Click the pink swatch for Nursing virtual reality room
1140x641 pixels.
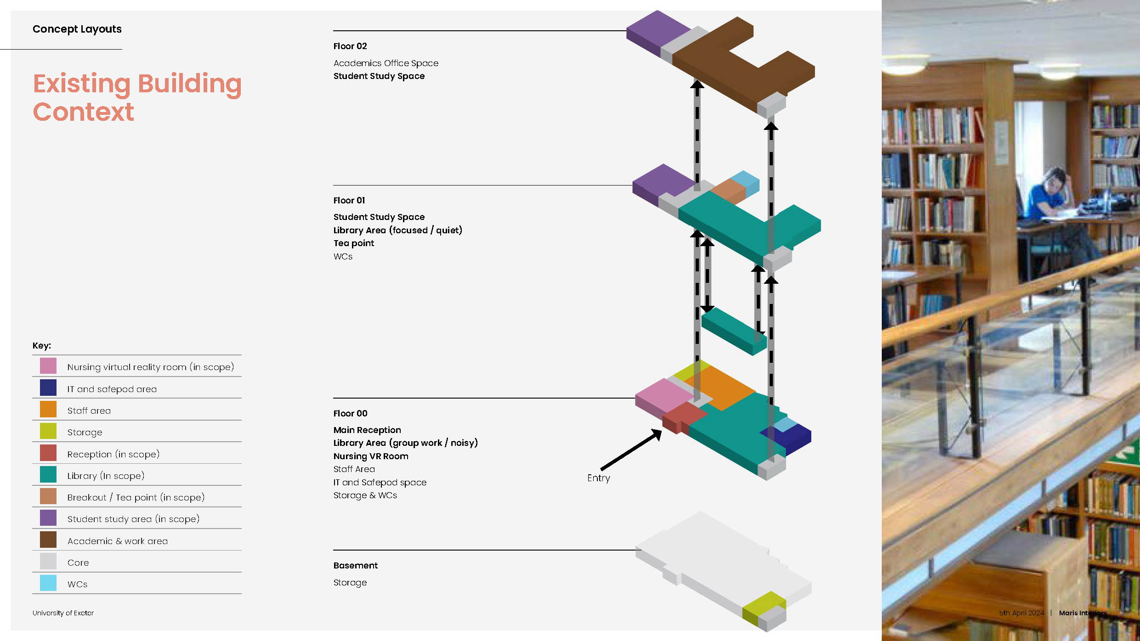(x=48, y=366)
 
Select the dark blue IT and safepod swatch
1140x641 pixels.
(x=48, y=388)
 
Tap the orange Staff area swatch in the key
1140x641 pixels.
(x=48, y=409)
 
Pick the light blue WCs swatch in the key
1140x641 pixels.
(x=48, y=583)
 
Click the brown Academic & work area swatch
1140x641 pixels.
(x=48, y=540)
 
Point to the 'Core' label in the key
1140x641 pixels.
(x=78, y=562)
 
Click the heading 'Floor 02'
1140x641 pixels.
(x=350, y=46)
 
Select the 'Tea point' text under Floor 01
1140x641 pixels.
(x=354, y=243)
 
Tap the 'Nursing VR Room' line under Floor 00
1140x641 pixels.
(x=371, y=456)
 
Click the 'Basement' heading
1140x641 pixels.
(x=356, y=565)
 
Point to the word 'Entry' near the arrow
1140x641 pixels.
(x=599, y=478)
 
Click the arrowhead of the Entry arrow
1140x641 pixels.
(x=658, y=433)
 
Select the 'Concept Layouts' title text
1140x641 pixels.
(x=77, y=29)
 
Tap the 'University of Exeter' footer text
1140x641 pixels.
(x=63, y=613)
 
